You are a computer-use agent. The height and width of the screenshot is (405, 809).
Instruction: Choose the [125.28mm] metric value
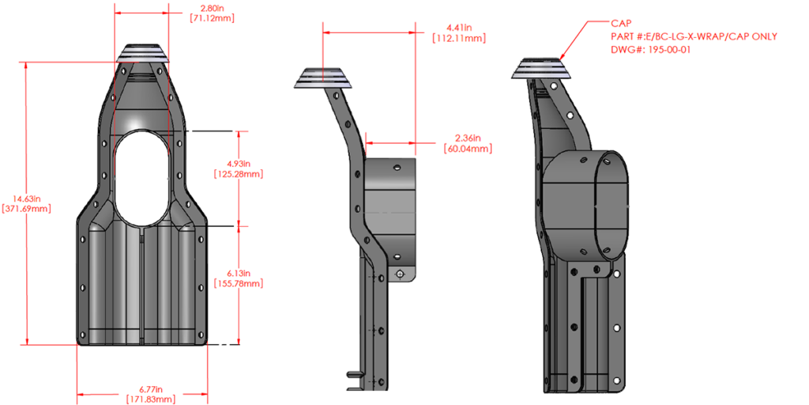tap(239, 173)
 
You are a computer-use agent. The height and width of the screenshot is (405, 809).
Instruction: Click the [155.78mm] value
tap(239, 282)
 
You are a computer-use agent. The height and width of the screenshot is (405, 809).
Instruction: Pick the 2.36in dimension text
tap(468, 138)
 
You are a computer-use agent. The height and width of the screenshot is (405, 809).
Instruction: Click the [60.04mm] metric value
tap(468, 148)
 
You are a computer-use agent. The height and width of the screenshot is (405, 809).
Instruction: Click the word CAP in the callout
tap(621, 25)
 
